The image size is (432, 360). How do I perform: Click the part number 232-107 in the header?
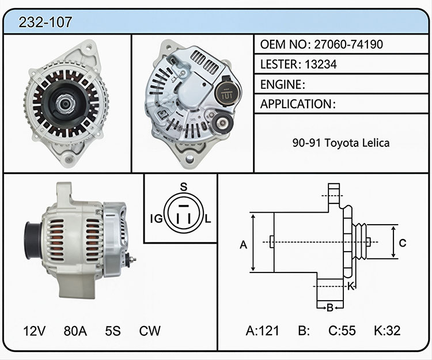(45, 22)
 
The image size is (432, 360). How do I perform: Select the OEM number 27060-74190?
(348, 44)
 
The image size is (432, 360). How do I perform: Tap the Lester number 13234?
(321, 64)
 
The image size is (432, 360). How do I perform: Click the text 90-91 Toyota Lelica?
(341, 143)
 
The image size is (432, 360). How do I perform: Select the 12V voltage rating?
(34, 331)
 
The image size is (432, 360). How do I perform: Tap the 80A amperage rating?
(75, 331)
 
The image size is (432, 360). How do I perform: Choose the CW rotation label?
(150, 331)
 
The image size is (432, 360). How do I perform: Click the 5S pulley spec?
(113, 331)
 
